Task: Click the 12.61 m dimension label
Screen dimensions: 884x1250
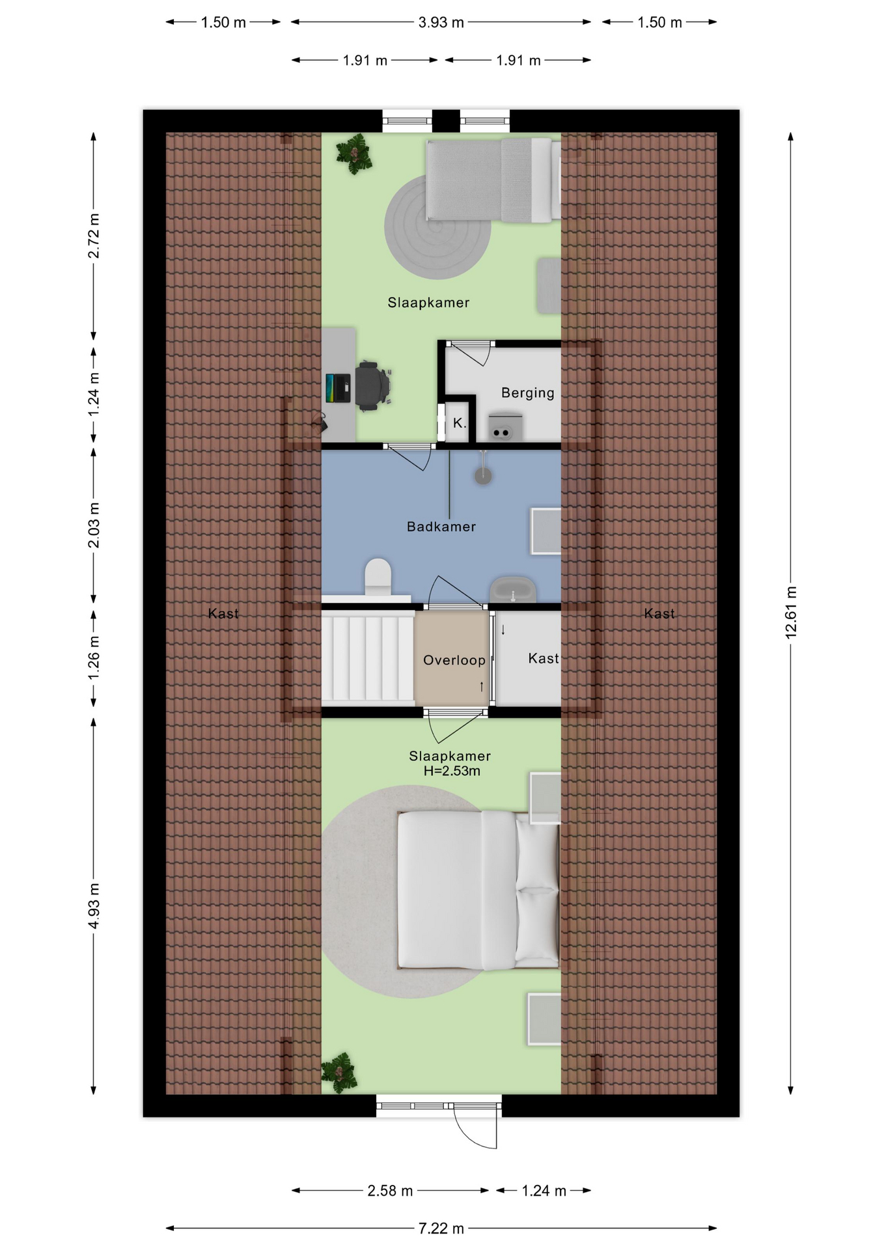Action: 791,612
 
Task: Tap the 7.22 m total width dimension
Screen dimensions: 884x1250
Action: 441,1228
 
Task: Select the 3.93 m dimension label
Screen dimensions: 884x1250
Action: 441,22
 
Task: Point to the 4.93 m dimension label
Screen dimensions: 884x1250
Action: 94,906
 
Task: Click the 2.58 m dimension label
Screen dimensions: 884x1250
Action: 390,1190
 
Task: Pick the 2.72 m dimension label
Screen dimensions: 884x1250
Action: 94,235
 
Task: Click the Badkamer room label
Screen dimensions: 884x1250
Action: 441,526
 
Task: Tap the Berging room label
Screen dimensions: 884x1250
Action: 527,393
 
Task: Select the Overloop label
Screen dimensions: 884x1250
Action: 454,660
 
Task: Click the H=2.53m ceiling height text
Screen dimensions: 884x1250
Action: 452,771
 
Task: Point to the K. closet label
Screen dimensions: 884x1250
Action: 460,423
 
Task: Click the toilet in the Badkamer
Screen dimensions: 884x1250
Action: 378,577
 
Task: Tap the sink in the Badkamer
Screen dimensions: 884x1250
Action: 513,590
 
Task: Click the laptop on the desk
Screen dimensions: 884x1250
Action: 338,388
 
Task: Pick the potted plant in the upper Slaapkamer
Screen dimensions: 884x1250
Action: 353,154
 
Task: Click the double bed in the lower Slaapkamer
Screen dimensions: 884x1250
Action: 478,889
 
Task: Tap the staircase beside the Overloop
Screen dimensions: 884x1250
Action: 368,658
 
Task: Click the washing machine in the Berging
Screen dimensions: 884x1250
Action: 505,426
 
